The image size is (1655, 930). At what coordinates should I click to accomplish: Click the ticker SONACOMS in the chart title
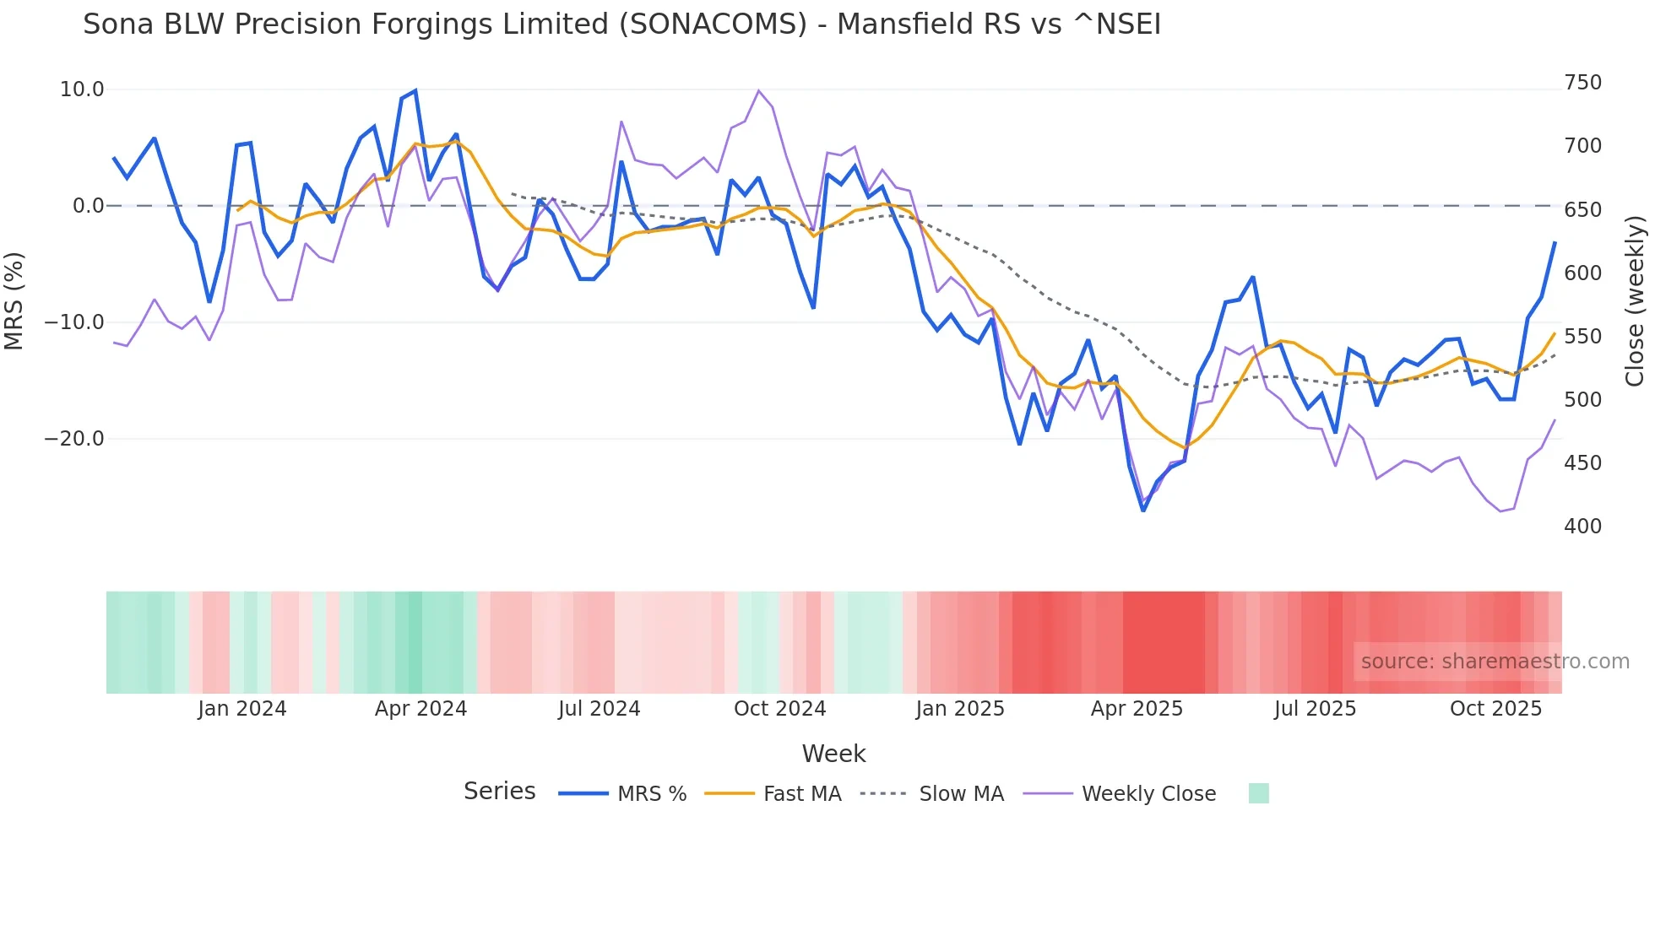713,24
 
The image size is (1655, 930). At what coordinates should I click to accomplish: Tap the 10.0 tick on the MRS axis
82,89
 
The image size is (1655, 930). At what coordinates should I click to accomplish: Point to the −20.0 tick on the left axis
74,439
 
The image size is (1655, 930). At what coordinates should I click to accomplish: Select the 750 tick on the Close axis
1582,83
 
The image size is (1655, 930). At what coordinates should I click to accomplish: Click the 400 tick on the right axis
1582,527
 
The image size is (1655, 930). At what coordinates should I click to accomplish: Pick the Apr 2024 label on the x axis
421,709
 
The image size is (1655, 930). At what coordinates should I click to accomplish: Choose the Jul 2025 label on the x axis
1315,709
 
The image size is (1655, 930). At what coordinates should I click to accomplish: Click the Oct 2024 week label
779,709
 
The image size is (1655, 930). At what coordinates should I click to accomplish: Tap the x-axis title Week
833,754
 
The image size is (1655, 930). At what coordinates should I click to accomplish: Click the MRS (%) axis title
14,301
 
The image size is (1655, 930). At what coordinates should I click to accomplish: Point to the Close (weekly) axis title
1635,301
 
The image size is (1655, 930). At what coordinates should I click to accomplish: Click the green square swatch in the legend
1258,793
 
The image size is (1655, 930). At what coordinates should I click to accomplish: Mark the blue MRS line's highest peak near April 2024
415,90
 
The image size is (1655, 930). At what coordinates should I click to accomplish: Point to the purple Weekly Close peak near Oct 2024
758,90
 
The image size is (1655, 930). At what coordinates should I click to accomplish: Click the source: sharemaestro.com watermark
1495,662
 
